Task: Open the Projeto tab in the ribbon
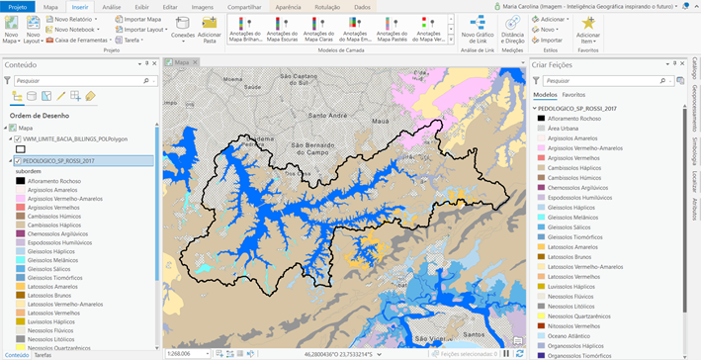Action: pos(18,6)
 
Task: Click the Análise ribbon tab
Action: pos(112,6)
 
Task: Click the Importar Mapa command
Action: pos(144,19)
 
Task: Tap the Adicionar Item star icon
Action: pos(589,23)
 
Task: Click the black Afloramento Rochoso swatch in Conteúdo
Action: pos(20,180)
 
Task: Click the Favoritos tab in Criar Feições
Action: pos(573,94)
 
